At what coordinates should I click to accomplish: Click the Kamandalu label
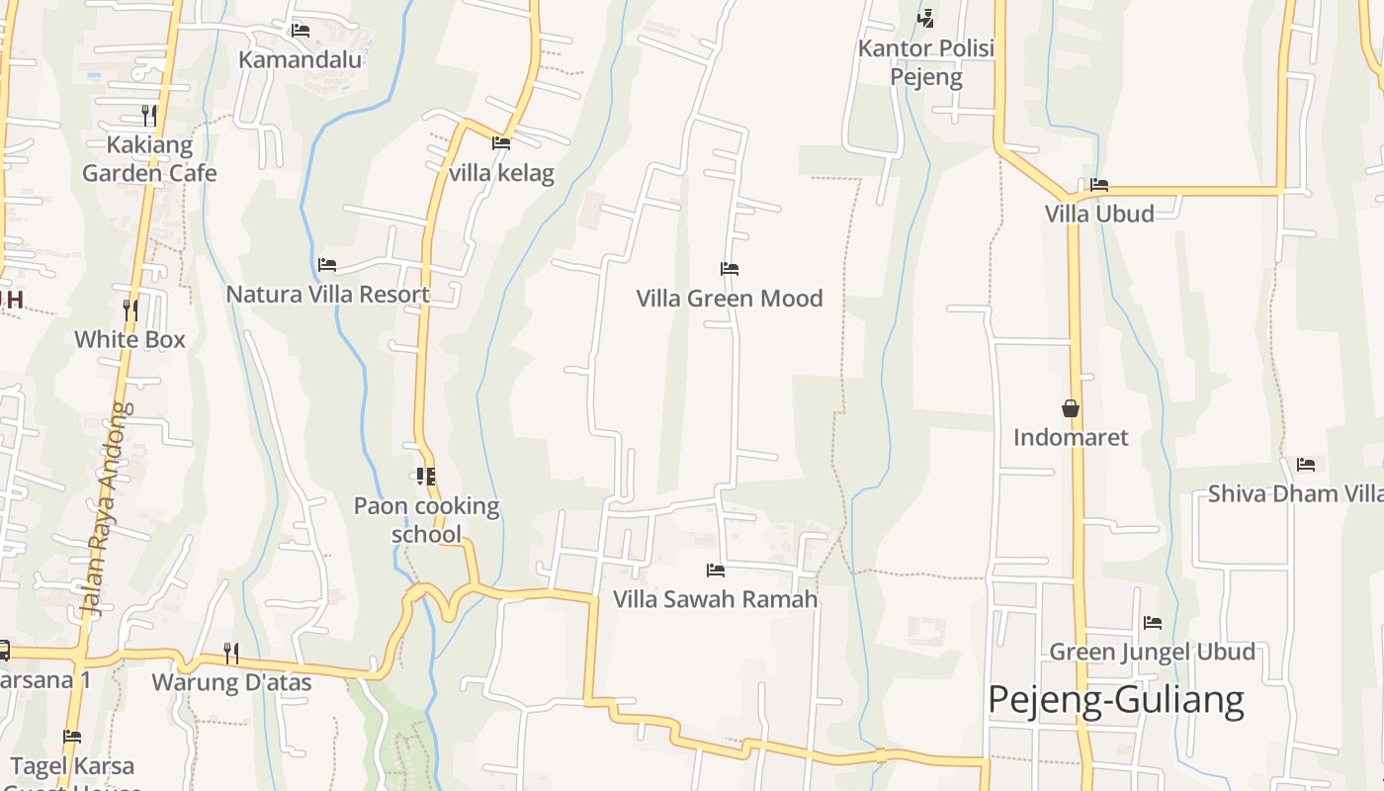pos(301,59)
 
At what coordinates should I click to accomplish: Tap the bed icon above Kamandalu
pos(301,31)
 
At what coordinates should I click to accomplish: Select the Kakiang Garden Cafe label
pos(149,159)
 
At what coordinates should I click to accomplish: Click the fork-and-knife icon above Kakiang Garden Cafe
pos(148,116)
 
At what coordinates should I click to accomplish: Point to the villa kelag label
pos(501,173)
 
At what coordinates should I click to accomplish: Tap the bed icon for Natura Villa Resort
pos(327,265)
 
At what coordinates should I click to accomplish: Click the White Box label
pos(130,339)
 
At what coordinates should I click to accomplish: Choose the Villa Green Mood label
pos(730,298)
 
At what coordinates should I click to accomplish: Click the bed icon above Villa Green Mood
pos(730,269)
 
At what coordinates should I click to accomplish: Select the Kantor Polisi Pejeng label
pos(926,62)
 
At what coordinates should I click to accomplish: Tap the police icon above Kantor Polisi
pos(925,18)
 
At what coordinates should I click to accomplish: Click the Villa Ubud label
pos(1099,214)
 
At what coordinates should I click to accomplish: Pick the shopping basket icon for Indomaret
pos(1071,407)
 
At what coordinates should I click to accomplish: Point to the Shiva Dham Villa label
pos(1295,493)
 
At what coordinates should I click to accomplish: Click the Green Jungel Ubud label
pos(1152,652)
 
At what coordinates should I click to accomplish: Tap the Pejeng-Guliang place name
pos(1116,699)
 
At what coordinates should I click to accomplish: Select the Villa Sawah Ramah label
pos(716,599)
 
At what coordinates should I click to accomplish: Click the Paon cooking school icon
pos(426,477)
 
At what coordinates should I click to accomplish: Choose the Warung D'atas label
pos(231,682)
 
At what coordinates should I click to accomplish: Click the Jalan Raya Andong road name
pos(108,508)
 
